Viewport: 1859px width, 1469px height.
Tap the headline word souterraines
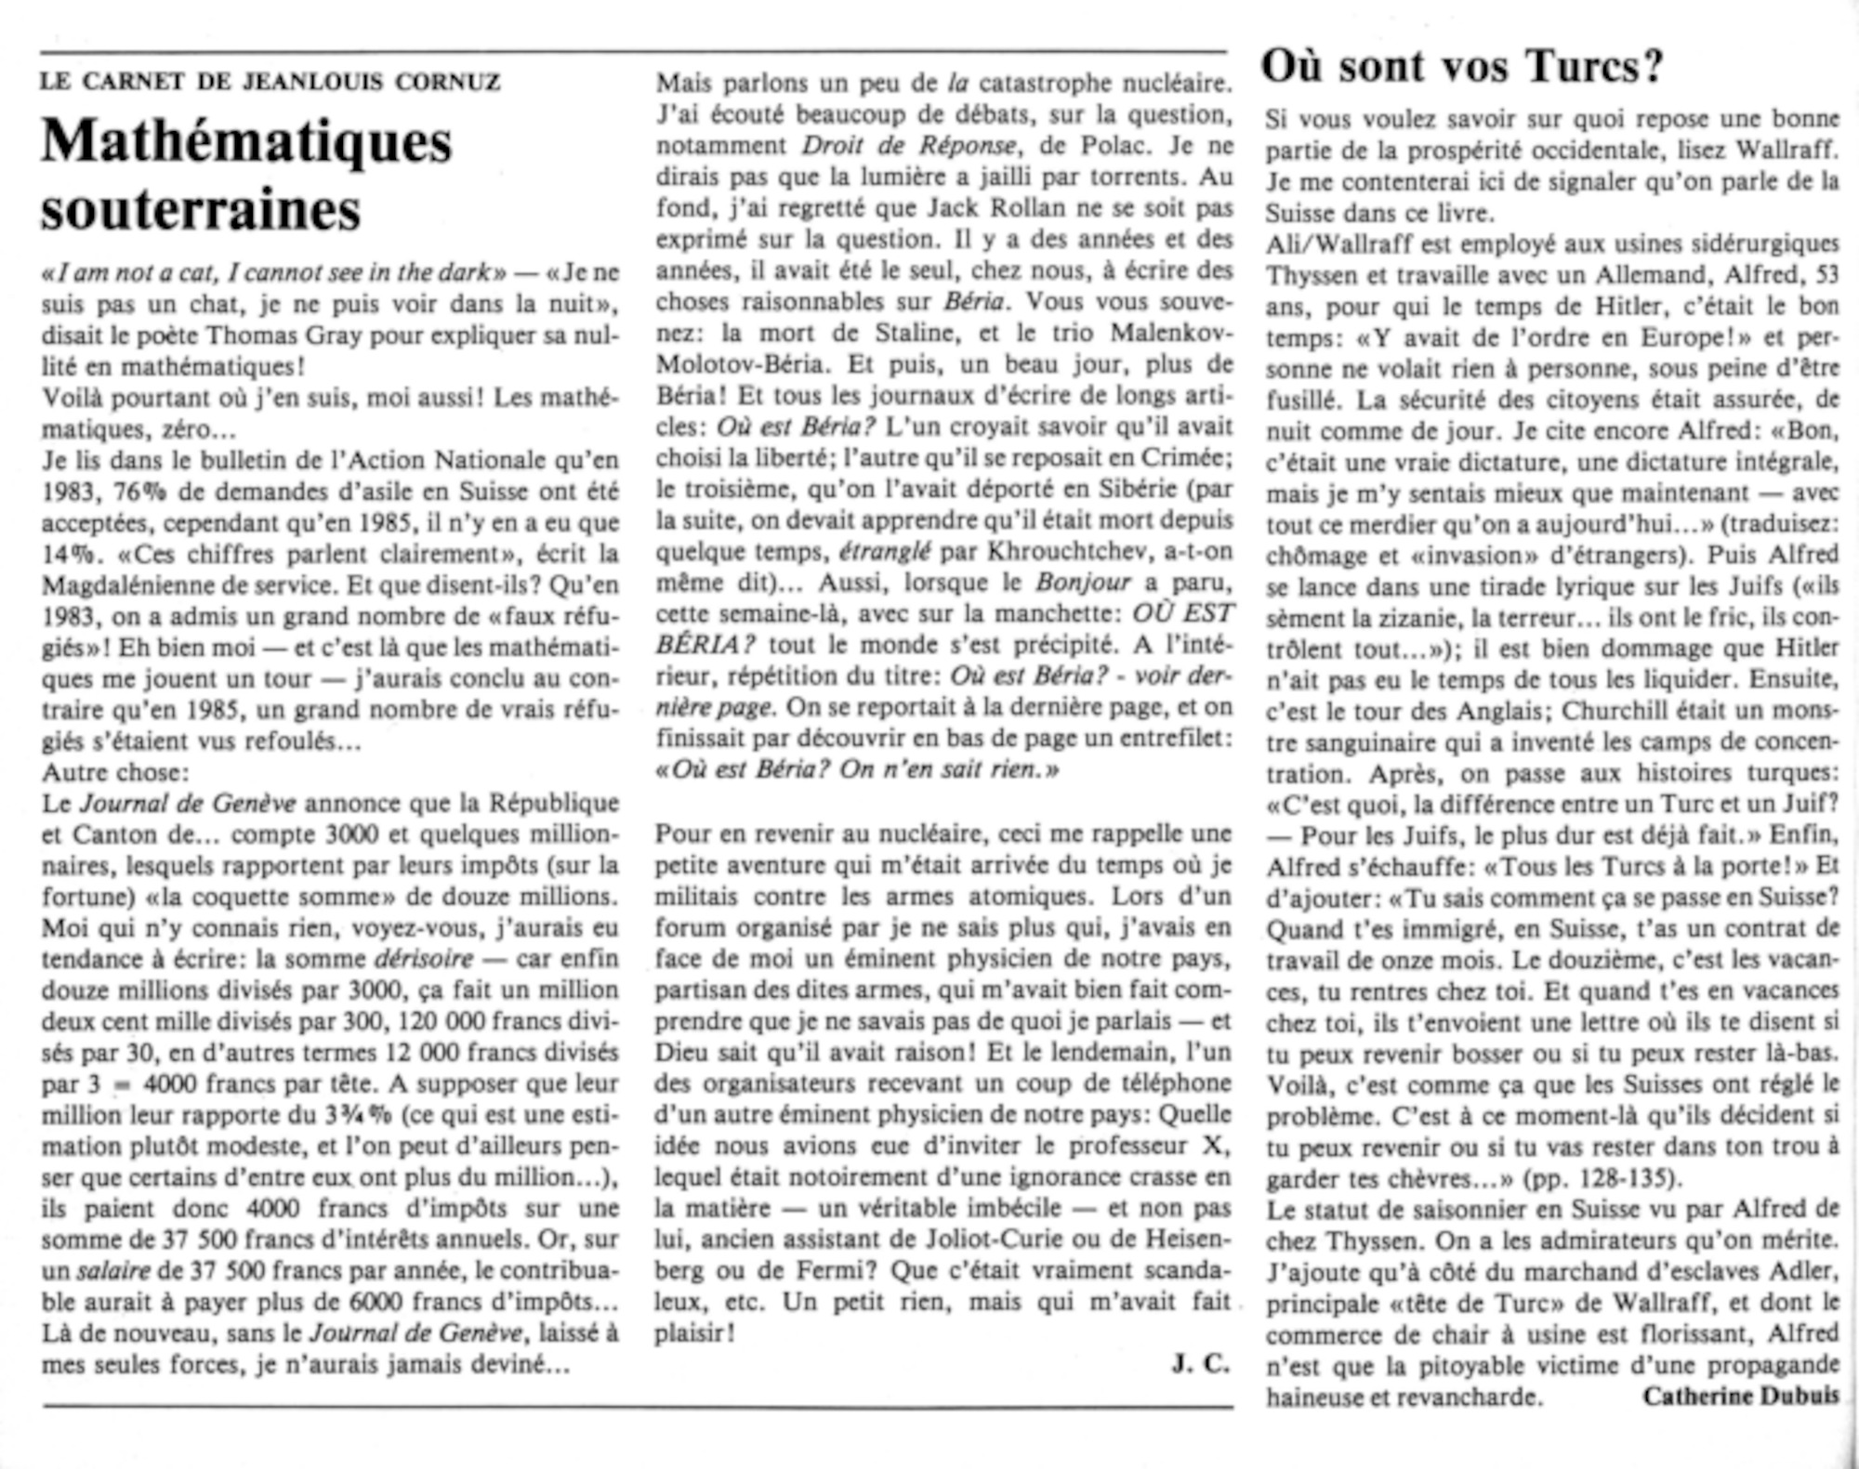click(201, 211)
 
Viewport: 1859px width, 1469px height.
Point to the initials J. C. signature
click(1200, 1364)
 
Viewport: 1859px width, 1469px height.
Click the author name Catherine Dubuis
click(1740, 1397)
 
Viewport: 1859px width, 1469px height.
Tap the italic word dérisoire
click(423, 959)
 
